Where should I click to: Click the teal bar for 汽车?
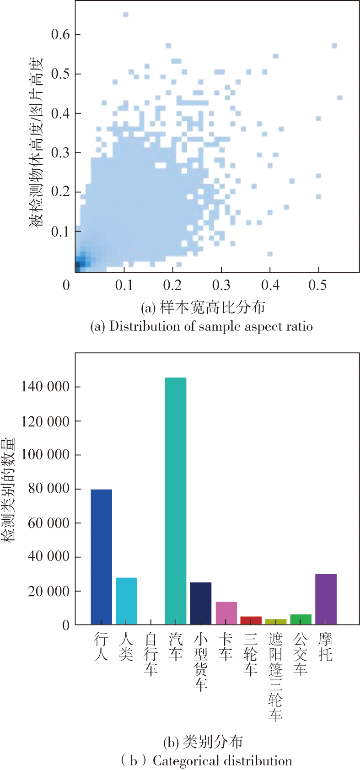(176, 501)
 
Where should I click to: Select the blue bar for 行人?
(101, 556)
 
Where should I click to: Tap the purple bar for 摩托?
(326, 599)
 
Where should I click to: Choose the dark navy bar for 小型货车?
(201, 603)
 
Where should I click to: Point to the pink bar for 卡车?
(226, 613)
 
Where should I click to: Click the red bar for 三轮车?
(251, 620)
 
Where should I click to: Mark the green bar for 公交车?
(301, 619)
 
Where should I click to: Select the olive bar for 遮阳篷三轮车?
(275, 622)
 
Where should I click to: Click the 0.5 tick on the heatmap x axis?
(318, 285)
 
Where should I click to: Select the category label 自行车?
(151, 654)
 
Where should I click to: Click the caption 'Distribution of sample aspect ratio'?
(202, 326)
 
